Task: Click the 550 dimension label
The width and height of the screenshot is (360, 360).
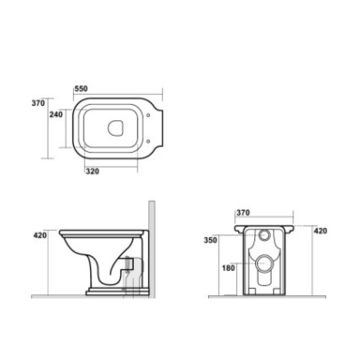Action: point(82,89)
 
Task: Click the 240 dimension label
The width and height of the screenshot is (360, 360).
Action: point(56,114)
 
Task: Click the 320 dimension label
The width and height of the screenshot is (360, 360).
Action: point(93,172)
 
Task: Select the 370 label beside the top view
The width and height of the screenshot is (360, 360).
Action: point(38,103)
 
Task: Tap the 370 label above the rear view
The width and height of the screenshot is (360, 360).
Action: point(243,213)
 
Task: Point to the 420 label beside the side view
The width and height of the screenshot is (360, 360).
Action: point(40,235)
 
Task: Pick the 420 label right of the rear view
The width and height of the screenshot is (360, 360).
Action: point(321,231)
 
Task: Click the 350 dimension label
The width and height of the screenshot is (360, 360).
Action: point(210,240)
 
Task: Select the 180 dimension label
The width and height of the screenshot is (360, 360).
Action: point(228,268)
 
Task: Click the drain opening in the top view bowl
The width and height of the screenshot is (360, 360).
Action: point(115,127)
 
